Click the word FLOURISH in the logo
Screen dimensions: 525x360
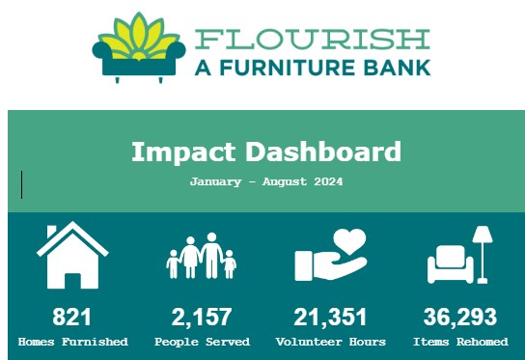[x=313, y=40]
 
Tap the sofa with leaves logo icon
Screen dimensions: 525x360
[x=139, y=47]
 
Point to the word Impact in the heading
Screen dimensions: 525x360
[x=183, y=152]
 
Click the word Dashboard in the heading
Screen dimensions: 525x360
[x=323, y=152]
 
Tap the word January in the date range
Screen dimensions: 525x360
[x=215, y=182]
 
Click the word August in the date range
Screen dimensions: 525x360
[x=285, y=182]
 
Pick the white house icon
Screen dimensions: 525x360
[x=72, y=255]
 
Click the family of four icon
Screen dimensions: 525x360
[x=202, y=256]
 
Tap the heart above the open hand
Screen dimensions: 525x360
[x=349, y=240]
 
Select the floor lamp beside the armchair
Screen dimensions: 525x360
[x=483, y=255]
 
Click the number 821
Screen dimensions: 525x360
[x=71, y=317]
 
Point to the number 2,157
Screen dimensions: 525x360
[x=202, y=318]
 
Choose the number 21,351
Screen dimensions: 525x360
[x=330, y=318]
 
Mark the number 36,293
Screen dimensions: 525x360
[x=460, y=318]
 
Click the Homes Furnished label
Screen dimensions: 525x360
[x=73, y=342]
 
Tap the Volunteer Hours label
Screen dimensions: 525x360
[x=331, y=342]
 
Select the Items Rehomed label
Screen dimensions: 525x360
[x=460, y=342]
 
